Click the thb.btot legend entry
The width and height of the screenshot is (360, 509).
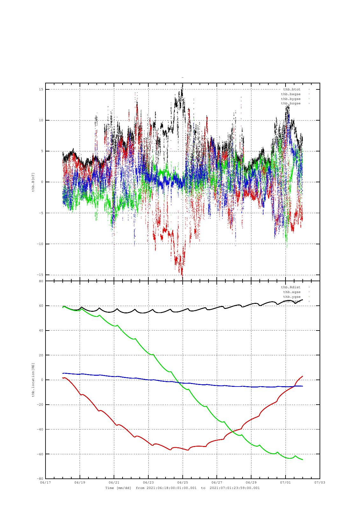292,89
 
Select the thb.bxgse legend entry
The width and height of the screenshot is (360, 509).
291,94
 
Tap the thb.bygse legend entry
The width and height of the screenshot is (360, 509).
291,99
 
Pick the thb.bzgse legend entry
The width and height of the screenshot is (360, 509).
291,104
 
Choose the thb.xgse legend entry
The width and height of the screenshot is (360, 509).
292,292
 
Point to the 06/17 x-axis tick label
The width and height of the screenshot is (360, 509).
46,482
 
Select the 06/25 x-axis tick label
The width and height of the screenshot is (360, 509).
182,482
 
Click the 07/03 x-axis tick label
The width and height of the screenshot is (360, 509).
320,482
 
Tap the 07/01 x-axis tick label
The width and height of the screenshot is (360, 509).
286,482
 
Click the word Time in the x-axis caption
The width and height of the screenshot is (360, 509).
110,488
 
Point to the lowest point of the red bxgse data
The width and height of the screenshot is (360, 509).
182,277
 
